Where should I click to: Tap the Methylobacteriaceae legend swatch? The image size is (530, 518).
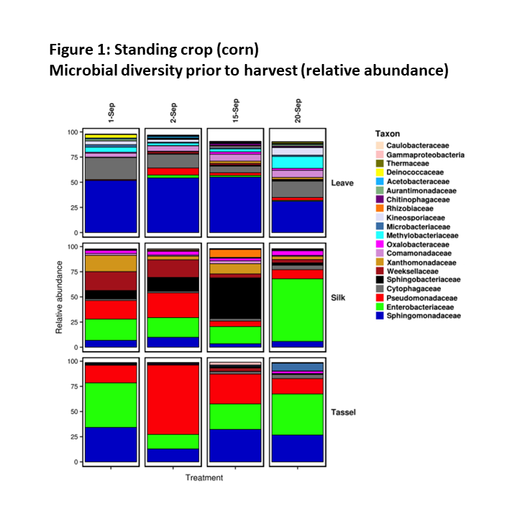click(x=380, y=235)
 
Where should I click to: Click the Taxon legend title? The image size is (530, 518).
click(x=388, y=134)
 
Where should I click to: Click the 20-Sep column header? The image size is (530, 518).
click(x=297, y=112)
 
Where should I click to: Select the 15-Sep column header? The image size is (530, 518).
click(x=235, y=112)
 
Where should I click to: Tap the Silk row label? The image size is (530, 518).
click(x=339, y=297)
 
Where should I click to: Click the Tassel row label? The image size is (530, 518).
click(x=344, y=412)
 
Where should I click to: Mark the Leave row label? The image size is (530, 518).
click(x=342, y=183)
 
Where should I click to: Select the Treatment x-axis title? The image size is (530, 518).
click(x=204, y=478)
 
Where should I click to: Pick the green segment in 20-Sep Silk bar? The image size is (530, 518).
click(x=297, y=309)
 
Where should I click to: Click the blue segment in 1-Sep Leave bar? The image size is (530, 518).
click(x=111, y=206)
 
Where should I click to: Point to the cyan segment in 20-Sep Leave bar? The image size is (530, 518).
click(x=297, y=162)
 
